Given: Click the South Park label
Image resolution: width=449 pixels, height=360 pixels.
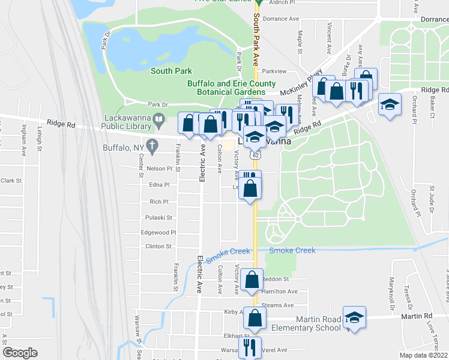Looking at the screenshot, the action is tap(171, 71).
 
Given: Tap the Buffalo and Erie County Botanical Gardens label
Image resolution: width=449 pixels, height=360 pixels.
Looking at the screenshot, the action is tap(232, 88).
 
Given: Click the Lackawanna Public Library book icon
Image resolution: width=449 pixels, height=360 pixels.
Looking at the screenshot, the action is tap(159, 120).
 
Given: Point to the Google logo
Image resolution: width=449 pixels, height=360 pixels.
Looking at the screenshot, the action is tap(20, 353).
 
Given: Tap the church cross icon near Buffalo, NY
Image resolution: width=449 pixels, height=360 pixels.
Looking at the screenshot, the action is tap(153, 145).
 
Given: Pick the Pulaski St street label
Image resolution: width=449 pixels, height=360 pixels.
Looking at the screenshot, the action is tap(159, 217).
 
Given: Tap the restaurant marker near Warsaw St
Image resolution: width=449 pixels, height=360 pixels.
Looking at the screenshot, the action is tap(249, 346).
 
